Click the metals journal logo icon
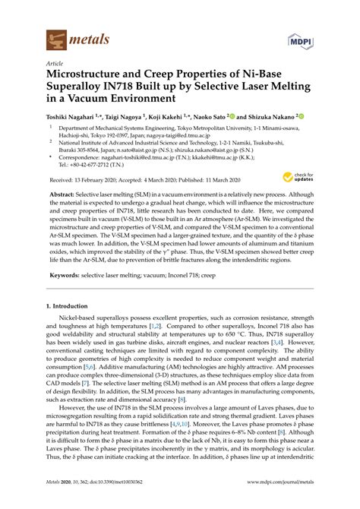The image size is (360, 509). [x=56, y=35]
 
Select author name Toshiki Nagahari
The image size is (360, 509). [x=74, y=117]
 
